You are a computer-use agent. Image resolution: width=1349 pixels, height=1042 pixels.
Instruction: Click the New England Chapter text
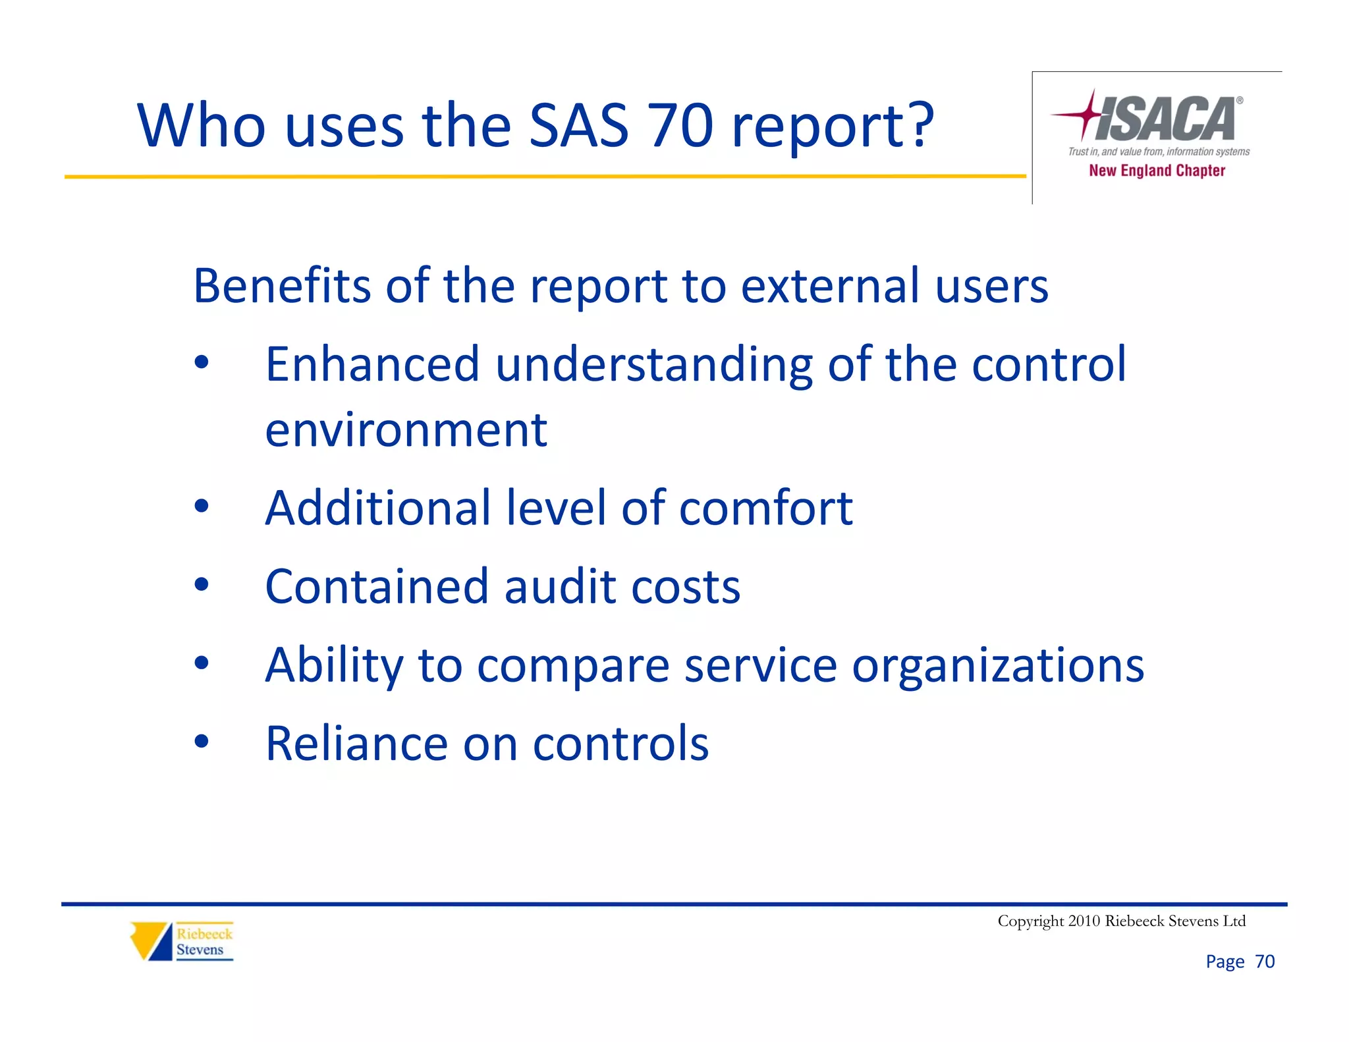1157,171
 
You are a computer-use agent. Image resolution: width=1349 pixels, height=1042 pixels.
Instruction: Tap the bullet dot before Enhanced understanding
202,362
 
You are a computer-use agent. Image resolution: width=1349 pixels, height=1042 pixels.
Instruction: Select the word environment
406,429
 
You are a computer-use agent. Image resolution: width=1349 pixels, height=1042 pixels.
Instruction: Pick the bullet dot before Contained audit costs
202,584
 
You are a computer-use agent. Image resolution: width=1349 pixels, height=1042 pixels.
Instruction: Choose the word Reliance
356,744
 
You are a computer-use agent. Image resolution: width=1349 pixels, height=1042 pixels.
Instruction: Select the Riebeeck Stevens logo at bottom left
182,941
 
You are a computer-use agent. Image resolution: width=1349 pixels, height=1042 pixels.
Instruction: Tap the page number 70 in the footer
1265,962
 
